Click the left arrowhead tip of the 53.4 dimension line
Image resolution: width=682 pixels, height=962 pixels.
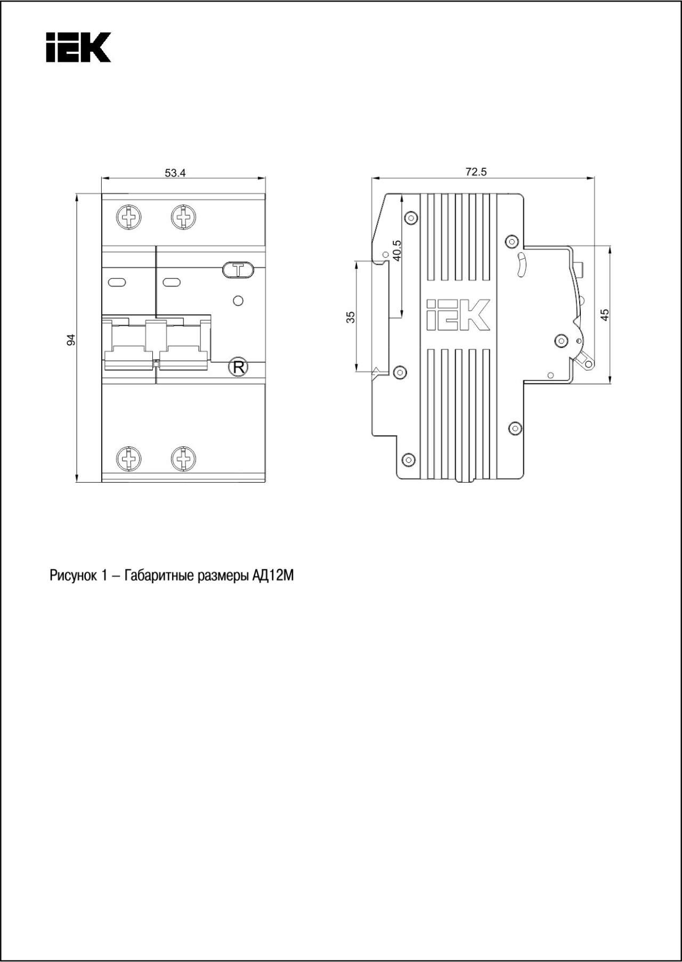101,178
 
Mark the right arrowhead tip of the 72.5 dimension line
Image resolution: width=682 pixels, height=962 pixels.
594,178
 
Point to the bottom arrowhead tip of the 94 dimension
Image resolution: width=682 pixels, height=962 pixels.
77,482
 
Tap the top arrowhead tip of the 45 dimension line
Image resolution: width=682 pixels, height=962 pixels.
610,246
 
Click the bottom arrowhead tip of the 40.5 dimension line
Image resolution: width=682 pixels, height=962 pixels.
401,318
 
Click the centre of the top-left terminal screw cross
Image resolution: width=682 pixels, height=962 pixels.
129,217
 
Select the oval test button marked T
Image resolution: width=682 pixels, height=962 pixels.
238,270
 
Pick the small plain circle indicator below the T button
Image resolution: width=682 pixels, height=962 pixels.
239,301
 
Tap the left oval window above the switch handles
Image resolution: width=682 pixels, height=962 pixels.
117,282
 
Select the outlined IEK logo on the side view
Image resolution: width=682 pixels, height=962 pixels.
458,315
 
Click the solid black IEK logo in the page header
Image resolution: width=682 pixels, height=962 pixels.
78,47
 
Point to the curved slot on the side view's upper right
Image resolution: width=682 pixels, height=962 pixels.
522,265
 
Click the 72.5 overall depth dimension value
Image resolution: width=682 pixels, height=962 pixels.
476,172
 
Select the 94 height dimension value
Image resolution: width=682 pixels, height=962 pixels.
71,339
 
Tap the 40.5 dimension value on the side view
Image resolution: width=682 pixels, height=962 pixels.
396,250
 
